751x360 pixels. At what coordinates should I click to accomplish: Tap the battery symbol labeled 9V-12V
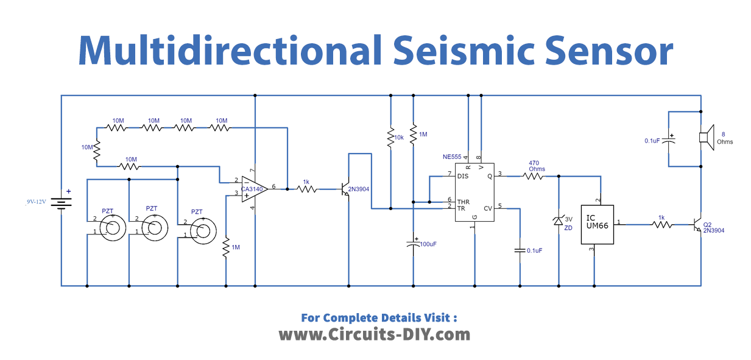[x=62, y=202]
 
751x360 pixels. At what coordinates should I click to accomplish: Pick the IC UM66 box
[x=594, y=223]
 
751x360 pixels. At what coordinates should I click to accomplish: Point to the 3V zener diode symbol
[x=559, y=222]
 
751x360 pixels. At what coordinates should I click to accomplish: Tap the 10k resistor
[x=390, y=138]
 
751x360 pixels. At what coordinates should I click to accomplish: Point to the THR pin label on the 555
[x=464, y=201]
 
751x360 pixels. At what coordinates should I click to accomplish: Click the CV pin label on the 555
[x=487, y=208]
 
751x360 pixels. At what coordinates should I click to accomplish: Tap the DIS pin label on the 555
[x=464, y=176]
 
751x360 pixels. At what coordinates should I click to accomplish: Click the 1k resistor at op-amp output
[x=306, y=189]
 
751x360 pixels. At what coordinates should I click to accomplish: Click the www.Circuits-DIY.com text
[x=375, y=334]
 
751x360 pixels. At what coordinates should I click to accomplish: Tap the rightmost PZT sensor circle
[x=200, y=231]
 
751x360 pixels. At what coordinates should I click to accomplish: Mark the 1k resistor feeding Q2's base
[x=662, y=225]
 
